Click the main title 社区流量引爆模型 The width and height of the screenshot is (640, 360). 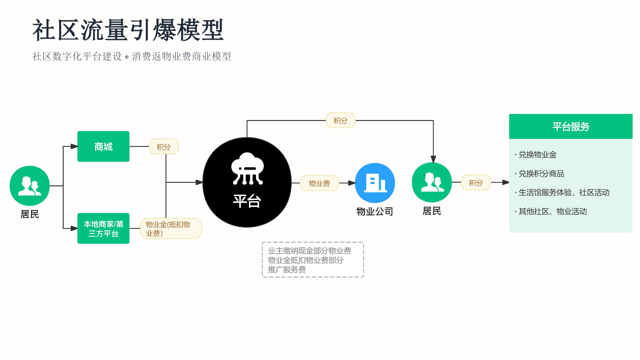[128, 30]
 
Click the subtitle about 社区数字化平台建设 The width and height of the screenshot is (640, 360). [132, 56]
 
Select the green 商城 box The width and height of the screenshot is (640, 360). [103, 146]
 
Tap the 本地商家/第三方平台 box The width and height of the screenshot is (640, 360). [103, 228]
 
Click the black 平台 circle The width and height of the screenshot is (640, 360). [247, 182]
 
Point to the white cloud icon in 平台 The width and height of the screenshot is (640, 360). [247, 168]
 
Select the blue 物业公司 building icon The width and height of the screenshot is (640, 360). [375, 183]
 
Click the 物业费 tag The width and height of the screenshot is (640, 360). [319, 183]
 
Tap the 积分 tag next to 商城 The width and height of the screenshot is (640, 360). [164, 147]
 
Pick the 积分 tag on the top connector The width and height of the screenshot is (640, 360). [340, 120]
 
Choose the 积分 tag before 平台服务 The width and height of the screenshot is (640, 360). [476, 183]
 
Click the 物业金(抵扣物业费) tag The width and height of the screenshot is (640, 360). [171, 228]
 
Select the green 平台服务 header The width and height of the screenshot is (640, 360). [571, 126]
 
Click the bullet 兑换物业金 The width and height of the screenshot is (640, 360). [536, 155]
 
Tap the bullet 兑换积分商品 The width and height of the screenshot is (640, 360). [539, 174]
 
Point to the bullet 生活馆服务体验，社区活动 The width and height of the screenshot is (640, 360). [562, 192]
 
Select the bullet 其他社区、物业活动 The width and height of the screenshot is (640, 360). [551, 211]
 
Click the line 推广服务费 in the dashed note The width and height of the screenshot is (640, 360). [287, 269]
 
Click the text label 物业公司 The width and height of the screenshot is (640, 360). [375, 211]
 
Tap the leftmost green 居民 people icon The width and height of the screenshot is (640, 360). [30, 186]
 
